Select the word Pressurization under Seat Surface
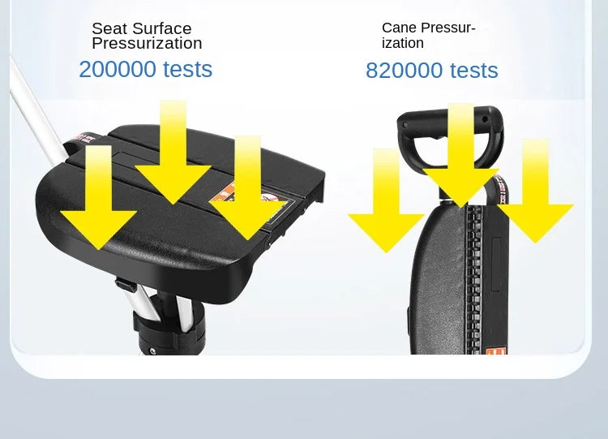[x=147, y=44]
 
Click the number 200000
[x=118, y=69]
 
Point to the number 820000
[x=405, y=71]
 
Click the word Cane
[x=399, y=28]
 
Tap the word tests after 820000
[x=474, y=71]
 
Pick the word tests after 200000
[x=188, y=69]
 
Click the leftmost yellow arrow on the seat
[x=98, y=197]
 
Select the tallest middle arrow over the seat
[x=173, y=152]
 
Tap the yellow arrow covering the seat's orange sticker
[x=247, y=187]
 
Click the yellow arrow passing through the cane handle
[x=460, y=155]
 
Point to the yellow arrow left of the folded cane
[x=386, y=200]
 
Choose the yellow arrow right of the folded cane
[x=536, y=191]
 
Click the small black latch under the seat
[x=126, y=285]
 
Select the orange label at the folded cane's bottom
[x=496, y=351]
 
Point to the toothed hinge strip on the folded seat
[x=473, y=279]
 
